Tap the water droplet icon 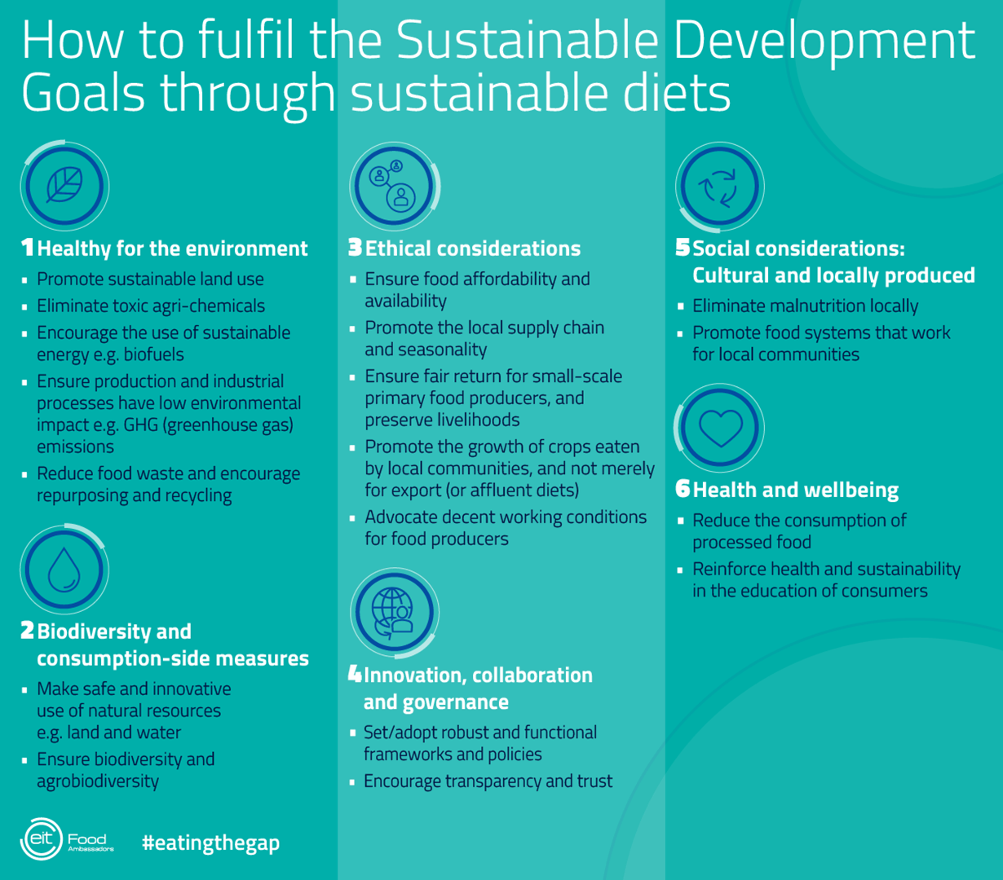coord(64,570)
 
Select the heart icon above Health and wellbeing coord(720,429)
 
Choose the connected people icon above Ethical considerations coord(392,186)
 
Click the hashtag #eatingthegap coord(210,843)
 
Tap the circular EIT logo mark coord(41,839)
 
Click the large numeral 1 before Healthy coord(27,247)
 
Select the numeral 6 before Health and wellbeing coord(683,489)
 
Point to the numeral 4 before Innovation coord(355,674)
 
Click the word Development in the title coord(824,41)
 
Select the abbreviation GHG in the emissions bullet coord(140,425)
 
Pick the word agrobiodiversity coord(98,781)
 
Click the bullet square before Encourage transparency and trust coord(352,782)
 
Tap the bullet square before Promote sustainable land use coord(24,280)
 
